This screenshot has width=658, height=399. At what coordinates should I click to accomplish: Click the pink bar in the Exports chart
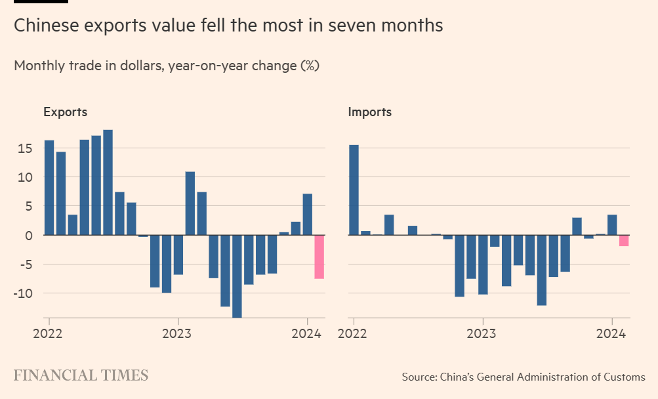click(319, 257)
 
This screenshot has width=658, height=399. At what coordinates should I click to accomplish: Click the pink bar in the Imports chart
click(624, 240)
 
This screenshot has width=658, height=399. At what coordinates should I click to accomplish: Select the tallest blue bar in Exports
click(108, 182)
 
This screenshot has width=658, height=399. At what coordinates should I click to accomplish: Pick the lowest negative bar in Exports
click(237, 276)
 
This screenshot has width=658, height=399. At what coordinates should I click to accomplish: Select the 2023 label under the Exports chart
click(178, 333)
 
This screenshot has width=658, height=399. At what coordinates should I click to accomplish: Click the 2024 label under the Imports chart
click(614, 333)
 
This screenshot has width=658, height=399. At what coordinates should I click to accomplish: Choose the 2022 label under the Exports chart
click(49, 333)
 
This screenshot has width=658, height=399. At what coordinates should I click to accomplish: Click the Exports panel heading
click(65, 112)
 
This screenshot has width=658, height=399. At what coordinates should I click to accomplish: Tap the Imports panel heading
click(369, 112)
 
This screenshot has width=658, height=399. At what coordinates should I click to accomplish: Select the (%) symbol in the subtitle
click(310, 66)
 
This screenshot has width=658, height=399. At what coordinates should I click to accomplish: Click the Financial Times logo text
click(81, 375)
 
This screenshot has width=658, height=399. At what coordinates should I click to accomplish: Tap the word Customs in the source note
click(624, 377)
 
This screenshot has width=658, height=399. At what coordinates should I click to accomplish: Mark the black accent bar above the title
click(40, 1)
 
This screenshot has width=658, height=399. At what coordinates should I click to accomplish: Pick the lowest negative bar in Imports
click(541, 270)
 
